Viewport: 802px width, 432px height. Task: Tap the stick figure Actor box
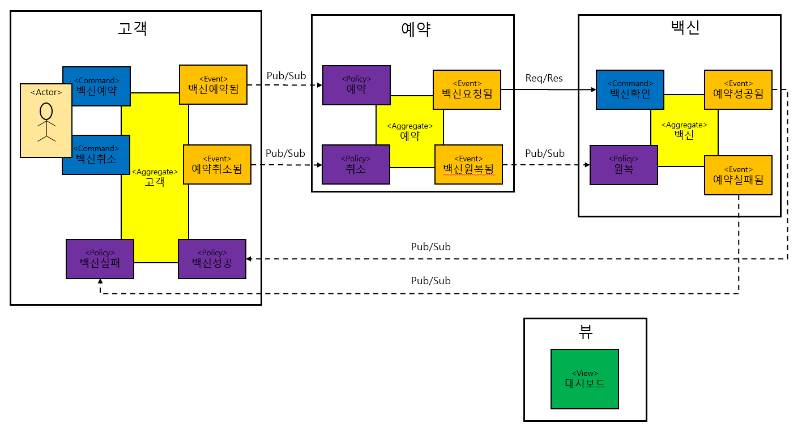click(46, 120)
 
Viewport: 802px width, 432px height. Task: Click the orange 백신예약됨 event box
click(214, 85)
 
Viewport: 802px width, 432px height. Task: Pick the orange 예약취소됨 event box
click(217, 164)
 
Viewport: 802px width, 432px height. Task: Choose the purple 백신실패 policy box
click(100, 259)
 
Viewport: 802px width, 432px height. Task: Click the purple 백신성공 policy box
click(212, 259)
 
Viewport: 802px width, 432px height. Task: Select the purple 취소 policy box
click(356, 164)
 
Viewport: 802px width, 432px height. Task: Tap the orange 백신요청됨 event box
click(467, 89)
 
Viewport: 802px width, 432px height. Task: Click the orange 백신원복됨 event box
click(468, 164)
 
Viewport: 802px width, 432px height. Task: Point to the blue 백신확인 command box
click(629, 89)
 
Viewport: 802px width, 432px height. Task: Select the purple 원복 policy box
click(624, 165)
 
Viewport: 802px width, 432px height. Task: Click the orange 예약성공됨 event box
click(738, 89)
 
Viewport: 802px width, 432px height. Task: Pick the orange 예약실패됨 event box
click(738, 175)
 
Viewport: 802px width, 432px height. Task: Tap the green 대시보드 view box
click(585, 378)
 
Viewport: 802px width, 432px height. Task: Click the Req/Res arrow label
click(544, 78)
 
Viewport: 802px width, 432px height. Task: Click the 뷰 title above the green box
click(585, 332)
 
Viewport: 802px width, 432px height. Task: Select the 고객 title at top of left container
click(133, 28)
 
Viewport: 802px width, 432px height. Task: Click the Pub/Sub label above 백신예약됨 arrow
click(285, 76)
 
